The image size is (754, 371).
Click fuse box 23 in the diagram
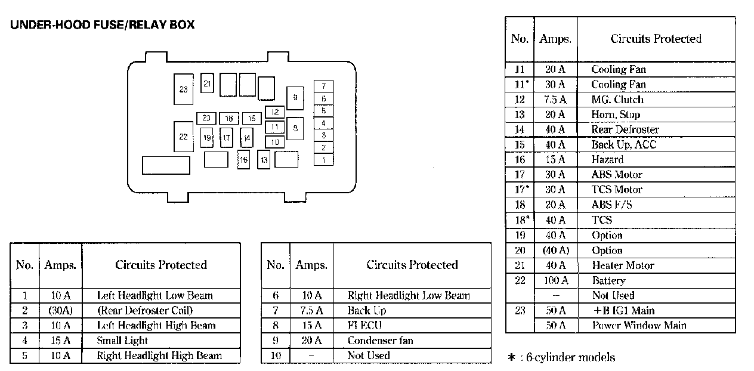click(183, 89)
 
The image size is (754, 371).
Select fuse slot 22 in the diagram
click(183, 137)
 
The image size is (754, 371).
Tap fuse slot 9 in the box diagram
click(294, 98)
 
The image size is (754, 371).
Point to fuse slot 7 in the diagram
click(323, 86)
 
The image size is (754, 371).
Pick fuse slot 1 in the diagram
click(323, 160)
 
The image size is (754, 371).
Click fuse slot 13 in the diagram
click(264, 160)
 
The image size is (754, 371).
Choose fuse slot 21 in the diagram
click(207, 84)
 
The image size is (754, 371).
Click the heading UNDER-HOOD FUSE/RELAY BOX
click(102, 25)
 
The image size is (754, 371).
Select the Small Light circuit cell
click(122, 341)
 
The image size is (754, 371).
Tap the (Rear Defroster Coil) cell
click(145, 310)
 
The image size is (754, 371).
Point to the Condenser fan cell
click(381, 341)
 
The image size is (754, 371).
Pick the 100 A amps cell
click(555, 280)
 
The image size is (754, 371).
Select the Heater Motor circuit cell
click(623, 265)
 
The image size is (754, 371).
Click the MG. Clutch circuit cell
click(617, 100)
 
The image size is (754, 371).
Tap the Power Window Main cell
click(639, 325)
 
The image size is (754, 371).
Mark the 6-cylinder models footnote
click(561, 357)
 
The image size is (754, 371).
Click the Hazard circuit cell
click(607, 159)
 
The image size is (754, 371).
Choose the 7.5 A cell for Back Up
click(311, 310)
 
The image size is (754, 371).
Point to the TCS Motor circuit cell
click(617, 190)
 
